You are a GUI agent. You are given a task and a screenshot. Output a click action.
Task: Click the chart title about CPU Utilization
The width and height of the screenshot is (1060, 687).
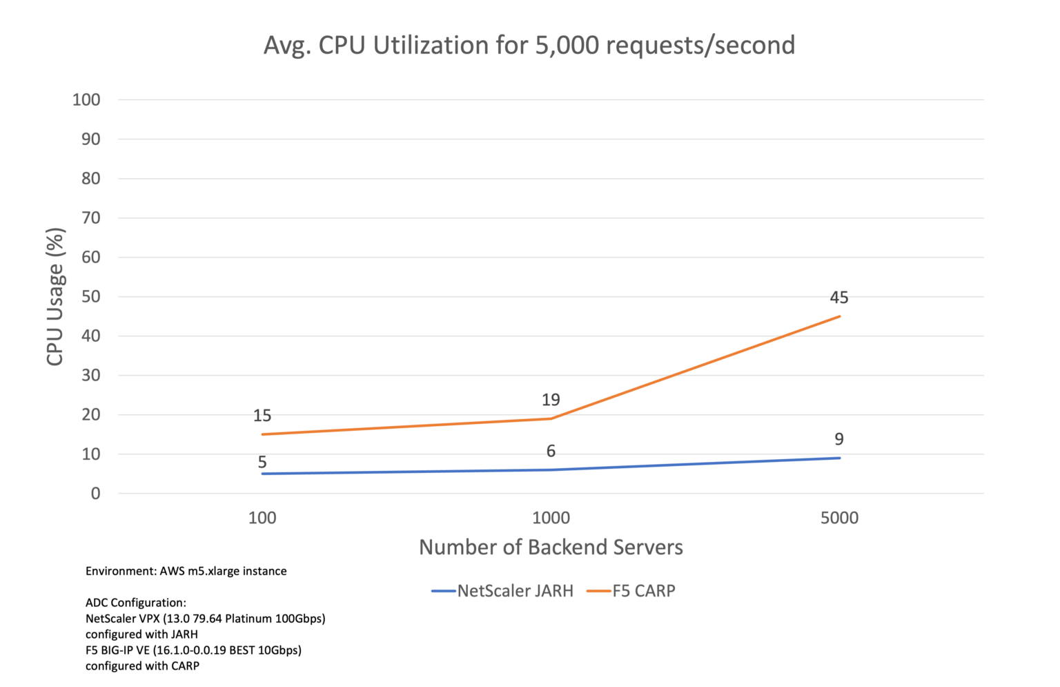529,46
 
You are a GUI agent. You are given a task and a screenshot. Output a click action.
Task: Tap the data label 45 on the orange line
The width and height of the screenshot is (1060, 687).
839,298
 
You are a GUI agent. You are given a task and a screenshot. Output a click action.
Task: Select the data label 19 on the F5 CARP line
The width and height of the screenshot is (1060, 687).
551,400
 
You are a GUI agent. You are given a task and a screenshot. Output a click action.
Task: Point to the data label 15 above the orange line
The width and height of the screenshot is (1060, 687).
262,416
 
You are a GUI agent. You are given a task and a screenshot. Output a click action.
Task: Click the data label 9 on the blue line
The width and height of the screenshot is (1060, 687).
839,439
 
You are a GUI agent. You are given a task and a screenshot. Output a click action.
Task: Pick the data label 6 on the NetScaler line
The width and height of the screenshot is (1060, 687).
551,451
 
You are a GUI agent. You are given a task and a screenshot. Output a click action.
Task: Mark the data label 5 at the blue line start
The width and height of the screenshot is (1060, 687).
262,462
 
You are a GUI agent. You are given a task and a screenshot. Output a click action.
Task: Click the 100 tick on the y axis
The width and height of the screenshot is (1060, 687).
86,100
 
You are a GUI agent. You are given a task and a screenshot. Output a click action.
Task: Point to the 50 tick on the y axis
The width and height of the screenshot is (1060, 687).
91,297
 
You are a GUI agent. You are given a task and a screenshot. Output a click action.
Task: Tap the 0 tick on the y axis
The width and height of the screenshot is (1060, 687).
95,494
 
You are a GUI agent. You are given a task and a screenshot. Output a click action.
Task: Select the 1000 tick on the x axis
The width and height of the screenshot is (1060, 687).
551,518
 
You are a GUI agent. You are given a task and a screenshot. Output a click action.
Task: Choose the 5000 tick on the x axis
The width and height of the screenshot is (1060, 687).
839,518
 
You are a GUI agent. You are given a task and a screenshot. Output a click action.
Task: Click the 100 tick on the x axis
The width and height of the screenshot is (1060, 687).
262,518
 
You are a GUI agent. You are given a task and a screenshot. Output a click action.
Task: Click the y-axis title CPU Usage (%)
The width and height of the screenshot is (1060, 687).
55,297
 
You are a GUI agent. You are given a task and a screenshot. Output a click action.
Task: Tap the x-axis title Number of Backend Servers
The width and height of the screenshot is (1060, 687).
551,548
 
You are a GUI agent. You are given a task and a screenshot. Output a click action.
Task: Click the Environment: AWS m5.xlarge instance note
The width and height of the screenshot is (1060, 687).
186,571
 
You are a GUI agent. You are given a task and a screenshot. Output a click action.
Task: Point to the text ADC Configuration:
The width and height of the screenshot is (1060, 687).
136,603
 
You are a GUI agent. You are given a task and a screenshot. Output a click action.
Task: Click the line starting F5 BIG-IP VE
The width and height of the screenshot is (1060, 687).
193,650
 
